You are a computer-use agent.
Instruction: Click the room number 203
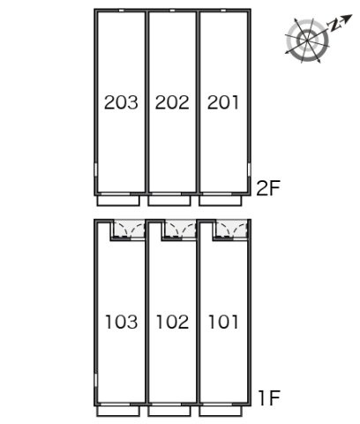coord(121,102)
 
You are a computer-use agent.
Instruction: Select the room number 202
coord(172,102)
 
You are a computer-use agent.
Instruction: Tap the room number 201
coord(223,102)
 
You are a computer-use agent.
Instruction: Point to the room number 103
coord(122,322)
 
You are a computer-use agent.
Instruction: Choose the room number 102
coord(172,322)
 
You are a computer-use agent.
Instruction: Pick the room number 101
coord(223,322)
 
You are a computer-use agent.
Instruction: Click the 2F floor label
coord(268,188)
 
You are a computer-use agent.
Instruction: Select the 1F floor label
coord(269,398)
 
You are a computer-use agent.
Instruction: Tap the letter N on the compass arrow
coord(335,26)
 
